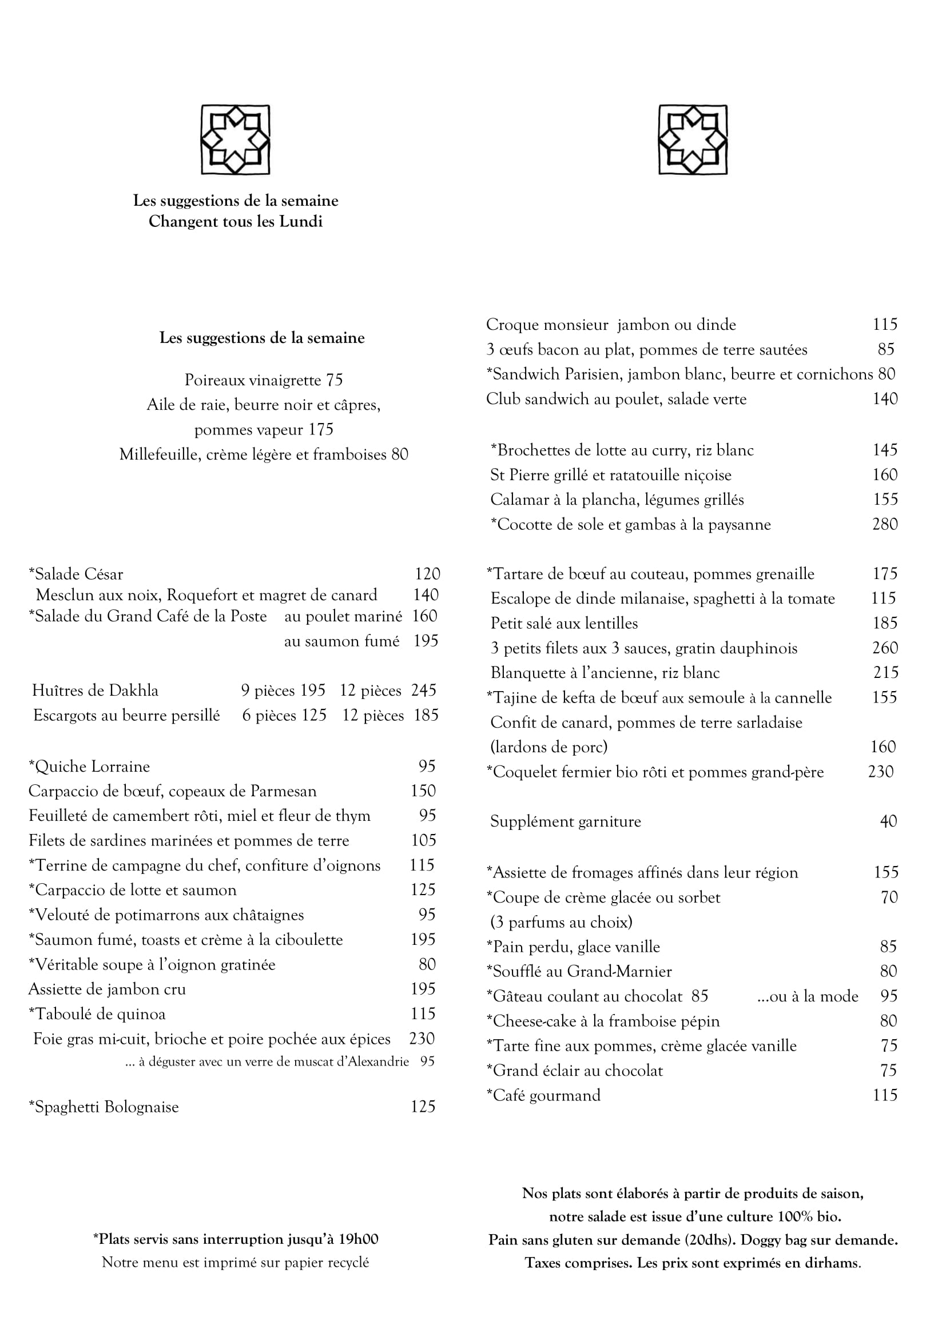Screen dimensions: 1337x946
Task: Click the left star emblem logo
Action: [235, 139]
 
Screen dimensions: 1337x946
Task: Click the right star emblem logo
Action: [693, 139]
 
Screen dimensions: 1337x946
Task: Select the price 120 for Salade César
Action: [427, 574]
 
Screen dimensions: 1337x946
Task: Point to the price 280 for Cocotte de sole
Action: [884, 524]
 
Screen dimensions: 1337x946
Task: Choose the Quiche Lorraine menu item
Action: [90, 767]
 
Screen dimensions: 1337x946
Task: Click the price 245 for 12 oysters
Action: [423, 691]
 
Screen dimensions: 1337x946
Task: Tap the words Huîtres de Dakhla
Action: [96, 691]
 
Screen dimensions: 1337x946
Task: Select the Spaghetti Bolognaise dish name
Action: [104, 1107]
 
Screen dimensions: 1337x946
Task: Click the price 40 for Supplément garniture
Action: [888, 821]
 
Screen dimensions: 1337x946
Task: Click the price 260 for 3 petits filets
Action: [885, 648]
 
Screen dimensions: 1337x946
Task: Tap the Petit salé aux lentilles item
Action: [564, 624]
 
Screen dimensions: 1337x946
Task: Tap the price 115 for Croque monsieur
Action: [885, 325]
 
